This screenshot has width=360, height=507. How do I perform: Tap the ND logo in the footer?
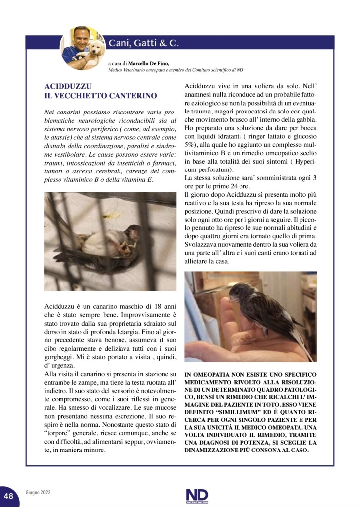pos(197,495)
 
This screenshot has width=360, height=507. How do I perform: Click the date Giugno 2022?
pos(38,494)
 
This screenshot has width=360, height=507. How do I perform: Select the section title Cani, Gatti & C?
pos(143,43)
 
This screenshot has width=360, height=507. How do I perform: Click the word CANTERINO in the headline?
pos(132,95)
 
